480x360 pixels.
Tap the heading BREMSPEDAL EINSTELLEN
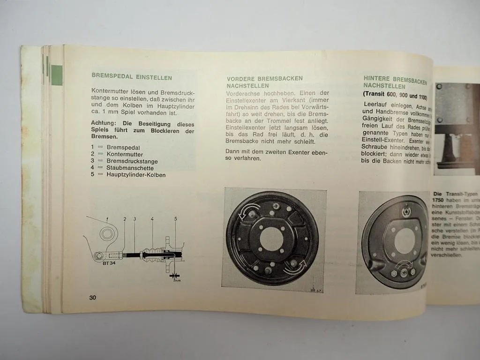click(x=132, y=77)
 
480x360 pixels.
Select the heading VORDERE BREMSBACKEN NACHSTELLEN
click(x=264, y=82)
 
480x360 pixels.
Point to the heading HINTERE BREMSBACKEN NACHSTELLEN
click(x=395, y=83)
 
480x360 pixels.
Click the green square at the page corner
click(x=57, y=75)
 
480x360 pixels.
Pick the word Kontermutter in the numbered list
click(x=125, y=154)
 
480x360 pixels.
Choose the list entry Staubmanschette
click(x=130, y=167)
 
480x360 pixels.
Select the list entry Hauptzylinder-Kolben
click(x=136, y=174)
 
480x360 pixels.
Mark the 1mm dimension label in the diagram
click(x=176, y=280)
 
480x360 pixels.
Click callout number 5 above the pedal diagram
click(x=175, y=219)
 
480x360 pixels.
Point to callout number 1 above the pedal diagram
click(x=107, y=218)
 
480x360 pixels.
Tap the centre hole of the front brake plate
click(x=271, y=239)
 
